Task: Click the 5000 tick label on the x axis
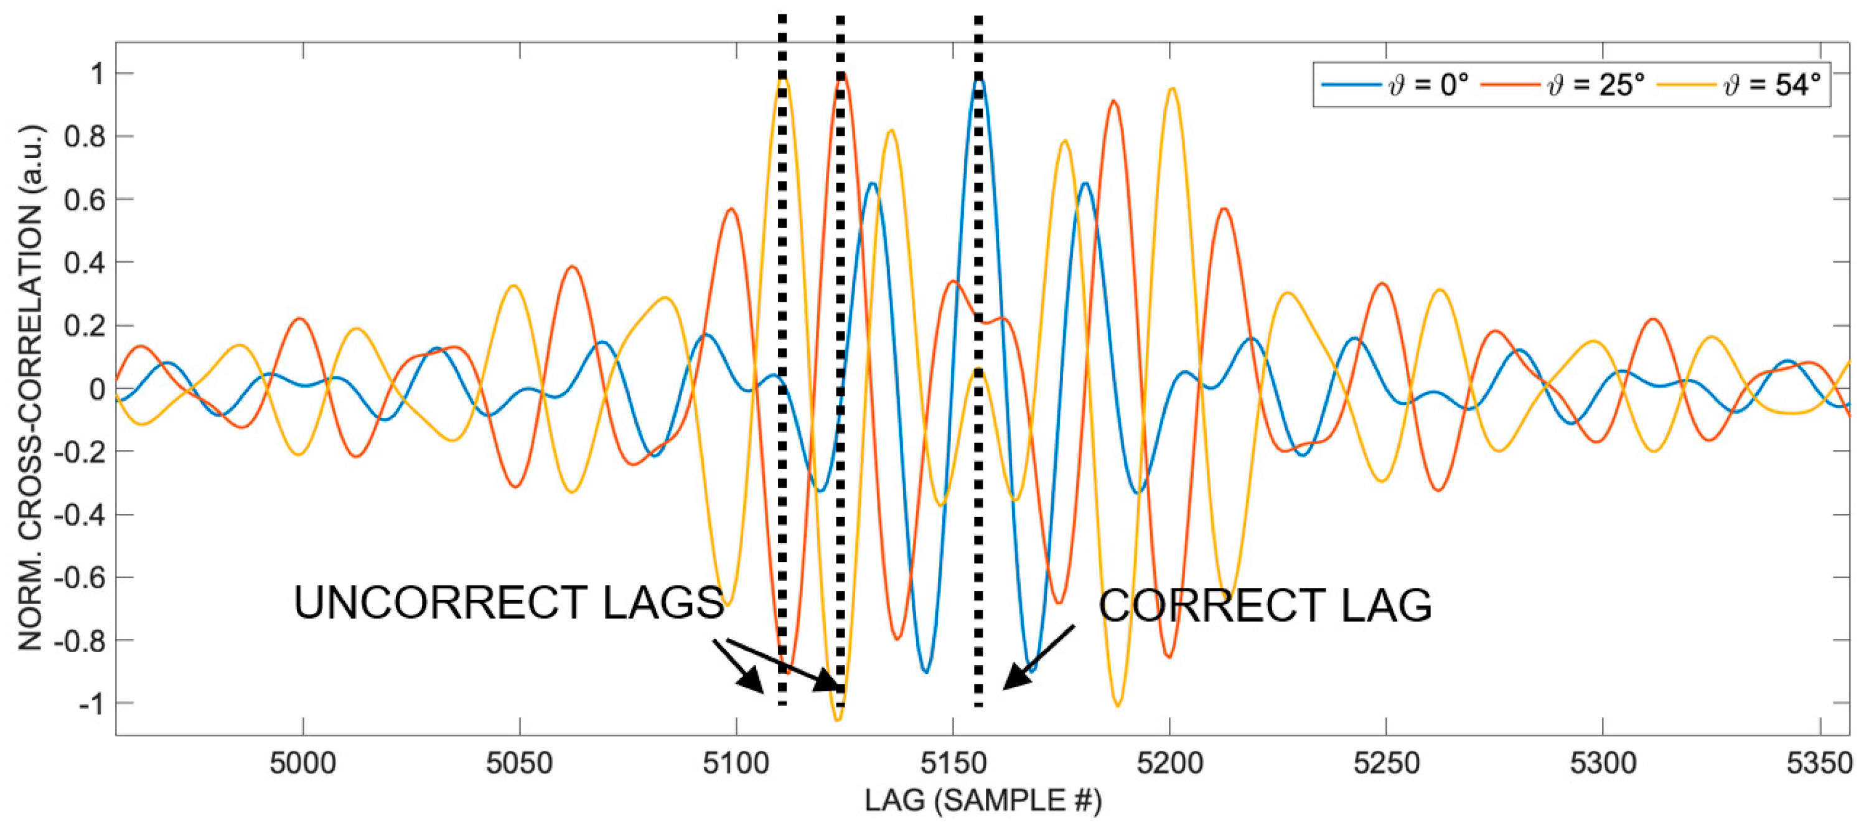point(302,763)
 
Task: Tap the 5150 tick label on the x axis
point(953,763)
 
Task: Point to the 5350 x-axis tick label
point(1820,763)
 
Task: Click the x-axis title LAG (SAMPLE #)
point(983,801)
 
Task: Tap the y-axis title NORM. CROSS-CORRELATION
point(30,388)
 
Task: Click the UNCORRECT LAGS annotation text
point(508,602)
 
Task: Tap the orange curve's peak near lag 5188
point(1113,102)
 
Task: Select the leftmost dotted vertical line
point(782,363)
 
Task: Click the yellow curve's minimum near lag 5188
point(1117,705)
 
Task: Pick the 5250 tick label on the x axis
point(1386,763)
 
